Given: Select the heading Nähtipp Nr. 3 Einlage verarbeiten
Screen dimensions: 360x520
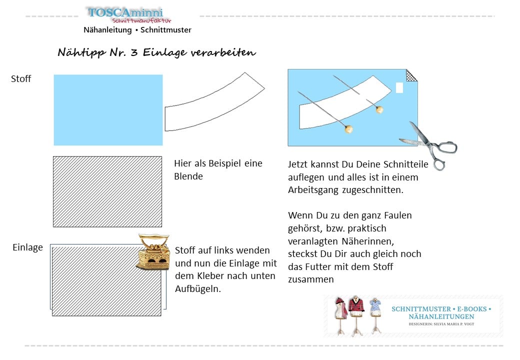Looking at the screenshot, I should pyautogui.click(x=156, y=52).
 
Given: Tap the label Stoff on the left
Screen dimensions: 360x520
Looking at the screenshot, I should pyautogui.click(x=21, y=78).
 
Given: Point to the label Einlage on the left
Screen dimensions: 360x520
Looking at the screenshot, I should pyautogui.click(x=27, y=247).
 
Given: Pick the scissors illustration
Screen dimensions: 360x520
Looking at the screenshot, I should pyautogui.click(x=429, y=144).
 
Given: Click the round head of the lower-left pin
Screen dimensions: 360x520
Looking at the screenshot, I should pyautogui.click(x=348, y=130).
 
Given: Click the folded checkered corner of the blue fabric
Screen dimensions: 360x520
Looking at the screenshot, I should pyautogui.click(x=411, y=75).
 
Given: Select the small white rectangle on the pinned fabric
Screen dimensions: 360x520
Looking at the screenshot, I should pyautogui.click(x=399, y=87).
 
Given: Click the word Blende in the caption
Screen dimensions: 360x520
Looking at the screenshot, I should pyautogui.click(x=188, y=176).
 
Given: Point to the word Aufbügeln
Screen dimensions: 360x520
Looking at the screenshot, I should pyautogui.click(x=198, y=289).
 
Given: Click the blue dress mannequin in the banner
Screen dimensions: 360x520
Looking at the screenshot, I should pyautogui.click(x=375, y=312).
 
